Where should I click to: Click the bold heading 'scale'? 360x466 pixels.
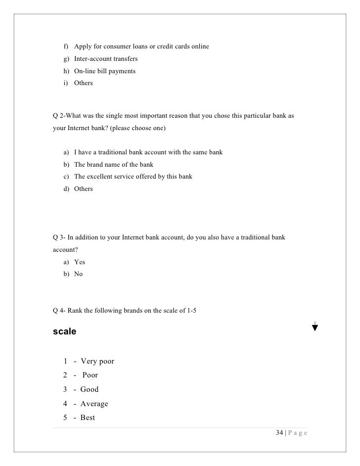point(64,332)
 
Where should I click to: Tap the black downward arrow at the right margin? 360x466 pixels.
point(315,326)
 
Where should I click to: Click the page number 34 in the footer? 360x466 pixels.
point(280,433)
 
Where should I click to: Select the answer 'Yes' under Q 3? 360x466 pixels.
point(79,262)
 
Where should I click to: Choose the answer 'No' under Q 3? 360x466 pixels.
point(78,274)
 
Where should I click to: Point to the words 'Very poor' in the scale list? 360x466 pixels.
point(97,361)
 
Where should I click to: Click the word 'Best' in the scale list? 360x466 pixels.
point(88,418)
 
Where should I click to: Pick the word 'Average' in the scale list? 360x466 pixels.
point(94,404)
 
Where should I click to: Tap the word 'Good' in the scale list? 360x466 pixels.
point(90,389)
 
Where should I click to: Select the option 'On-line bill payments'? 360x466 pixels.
point(105,71)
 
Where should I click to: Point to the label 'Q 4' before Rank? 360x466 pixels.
point(59,311)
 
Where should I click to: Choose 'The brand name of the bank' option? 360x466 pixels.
point(114,164)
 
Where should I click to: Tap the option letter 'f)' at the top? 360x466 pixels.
point(66,47)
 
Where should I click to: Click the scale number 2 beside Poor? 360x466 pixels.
point(65,375)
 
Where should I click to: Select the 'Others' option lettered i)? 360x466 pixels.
point(83,83)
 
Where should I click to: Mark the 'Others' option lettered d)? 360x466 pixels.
point(83,188)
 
